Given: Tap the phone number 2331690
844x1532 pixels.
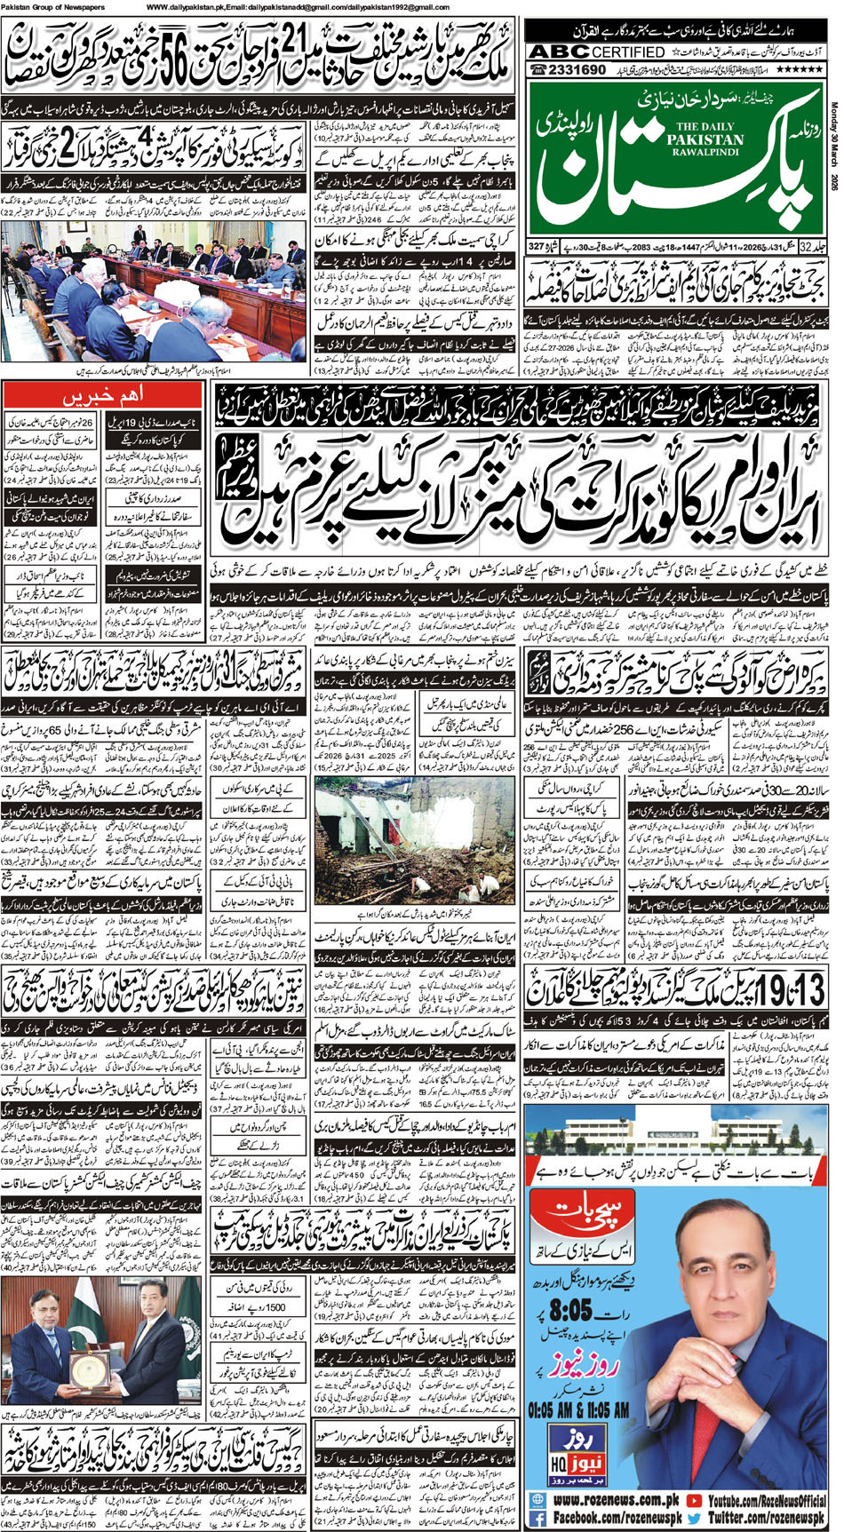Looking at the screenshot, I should click(577, 71).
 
